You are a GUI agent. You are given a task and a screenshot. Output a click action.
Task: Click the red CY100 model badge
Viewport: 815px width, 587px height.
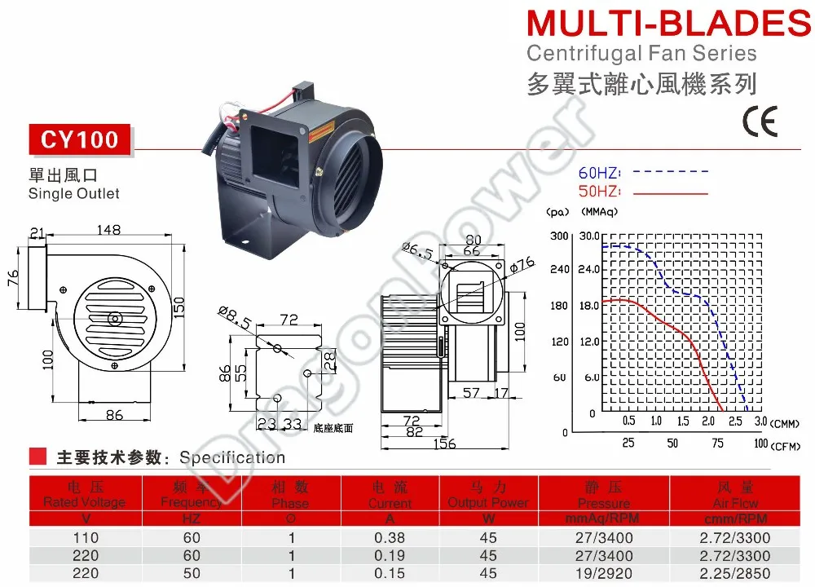tap(80, 140)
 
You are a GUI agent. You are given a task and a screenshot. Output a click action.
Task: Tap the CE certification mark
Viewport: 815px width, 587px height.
tap(760, 121)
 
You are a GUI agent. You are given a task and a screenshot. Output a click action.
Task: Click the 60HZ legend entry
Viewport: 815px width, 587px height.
tap(599, 173)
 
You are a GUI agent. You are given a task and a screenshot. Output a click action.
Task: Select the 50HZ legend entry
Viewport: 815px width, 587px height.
tap(599, 192)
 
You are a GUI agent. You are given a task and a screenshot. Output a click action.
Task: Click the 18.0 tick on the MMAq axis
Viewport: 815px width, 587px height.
tap(590, 306)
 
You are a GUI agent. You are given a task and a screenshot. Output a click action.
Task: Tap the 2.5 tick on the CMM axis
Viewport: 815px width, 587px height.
tap(735, 421)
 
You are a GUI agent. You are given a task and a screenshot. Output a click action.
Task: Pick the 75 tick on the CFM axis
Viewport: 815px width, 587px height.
tap(718, 444)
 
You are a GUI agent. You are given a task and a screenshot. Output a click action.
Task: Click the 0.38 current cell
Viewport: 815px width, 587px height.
tap(390, 538)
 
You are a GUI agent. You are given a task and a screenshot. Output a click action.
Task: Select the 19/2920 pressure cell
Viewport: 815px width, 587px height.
tap(603, 573)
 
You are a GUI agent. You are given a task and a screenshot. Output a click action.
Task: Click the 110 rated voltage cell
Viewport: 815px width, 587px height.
tap(86, 538)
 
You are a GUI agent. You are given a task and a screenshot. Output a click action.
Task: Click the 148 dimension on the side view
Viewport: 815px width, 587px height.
tap(108, 231)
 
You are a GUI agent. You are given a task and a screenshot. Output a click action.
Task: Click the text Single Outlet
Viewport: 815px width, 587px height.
tap(73, 194)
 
